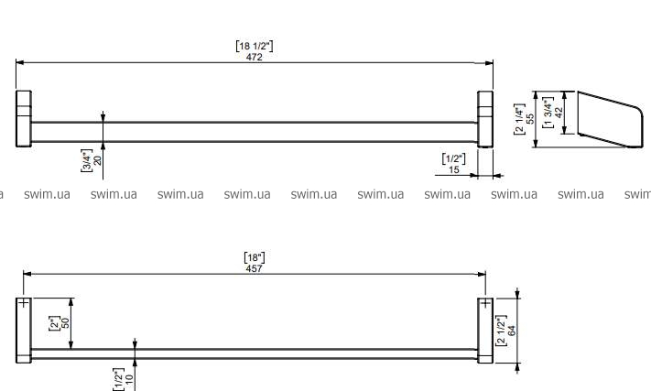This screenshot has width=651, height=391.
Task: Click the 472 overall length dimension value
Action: (x=255, y=57)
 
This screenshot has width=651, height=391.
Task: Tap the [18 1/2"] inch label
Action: (x=255, y=46)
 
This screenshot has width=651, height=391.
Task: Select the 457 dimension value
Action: (x=255, y=267)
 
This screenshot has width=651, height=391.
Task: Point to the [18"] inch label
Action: (x=255, y=257)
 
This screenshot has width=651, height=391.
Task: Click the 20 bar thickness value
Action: (x=97, y=159)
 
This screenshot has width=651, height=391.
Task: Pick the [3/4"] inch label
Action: (x=86, y=159)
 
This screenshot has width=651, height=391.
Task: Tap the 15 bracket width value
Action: (x=454, y=169)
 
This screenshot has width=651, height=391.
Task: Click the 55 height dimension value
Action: (x=530, y=112)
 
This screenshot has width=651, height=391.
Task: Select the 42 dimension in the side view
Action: (x=558, y=112)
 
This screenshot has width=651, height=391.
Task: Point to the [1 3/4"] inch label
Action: (x=547, y=112)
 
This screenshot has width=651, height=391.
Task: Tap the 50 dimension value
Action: (x=66, y=323)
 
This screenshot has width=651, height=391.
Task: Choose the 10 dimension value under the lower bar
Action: (x=129, y=378)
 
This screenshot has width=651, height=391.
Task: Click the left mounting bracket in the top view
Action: (x=24, y=119)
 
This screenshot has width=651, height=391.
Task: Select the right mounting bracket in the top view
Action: (x=485, y=119)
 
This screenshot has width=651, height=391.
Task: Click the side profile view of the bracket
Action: (x=609, y=119)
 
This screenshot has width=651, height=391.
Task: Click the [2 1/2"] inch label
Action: (x=501, y=329)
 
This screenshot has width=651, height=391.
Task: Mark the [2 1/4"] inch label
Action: (x=519, y=112)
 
